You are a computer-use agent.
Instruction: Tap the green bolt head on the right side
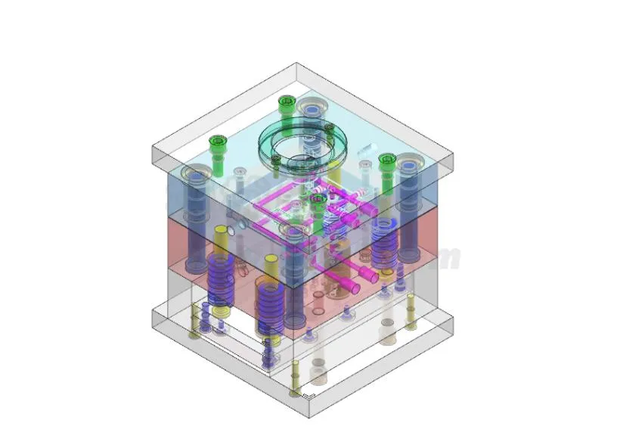pos(387,160)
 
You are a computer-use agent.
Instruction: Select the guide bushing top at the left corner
pos(199,179)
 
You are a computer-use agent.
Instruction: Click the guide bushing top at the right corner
pos(409,163)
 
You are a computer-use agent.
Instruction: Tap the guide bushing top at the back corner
pos(311,107)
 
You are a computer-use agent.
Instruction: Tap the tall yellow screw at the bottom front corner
pos(296,377)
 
